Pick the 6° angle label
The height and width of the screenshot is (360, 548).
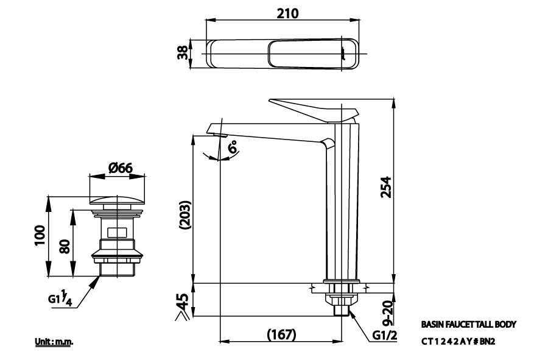[233, 148]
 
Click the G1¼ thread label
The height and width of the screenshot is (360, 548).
[63, 299]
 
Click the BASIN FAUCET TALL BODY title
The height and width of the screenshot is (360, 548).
[468, 325]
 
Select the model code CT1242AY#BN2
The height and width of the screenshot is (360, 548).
[458, 342]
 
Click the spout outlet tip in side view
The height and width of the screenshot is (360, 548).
[217, 130]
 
